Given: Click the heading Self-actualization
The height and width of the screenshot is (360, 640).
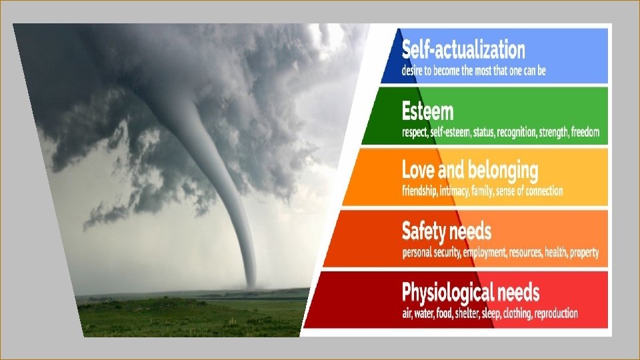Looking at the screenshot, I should tap(463, 50).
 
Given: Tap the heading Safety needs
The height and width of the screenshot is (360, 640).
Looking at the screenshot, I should tap(447, 231).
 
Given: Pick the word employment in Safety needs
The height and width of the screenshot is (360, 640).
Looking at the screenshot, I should tap(477, 253).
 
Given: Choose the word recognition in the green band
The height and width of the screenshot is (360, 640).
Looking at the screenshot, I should tap(514, 132).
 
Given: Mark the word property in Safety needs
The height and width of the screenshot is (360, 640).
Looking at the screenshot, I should tap(583, 253).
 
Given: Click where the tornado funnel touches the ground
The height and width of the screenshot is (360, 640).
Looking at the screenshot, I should tap(251, 287).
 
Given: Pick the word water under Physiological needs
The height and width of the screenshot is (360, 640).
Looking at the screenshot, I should tap(427, 313).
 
